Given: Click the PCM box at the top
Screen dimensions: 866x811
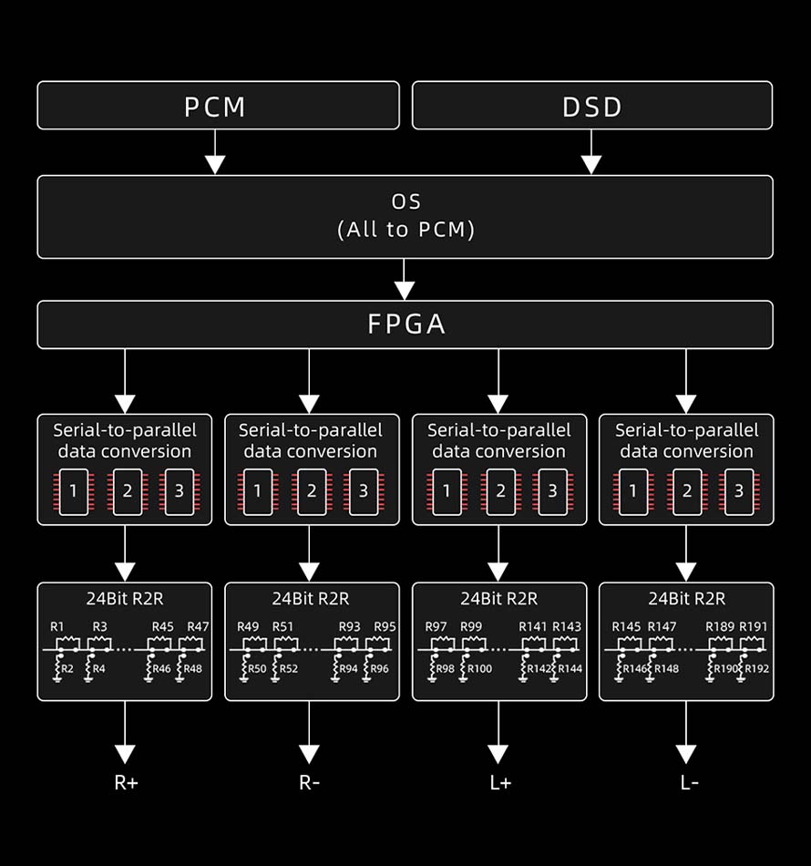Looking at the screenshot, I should coord(217,106).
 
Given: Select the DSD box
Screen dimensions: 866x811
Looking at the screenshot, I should coord(592,106).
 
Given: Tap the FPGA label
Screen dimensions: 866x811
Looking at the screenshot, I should coord(406,325).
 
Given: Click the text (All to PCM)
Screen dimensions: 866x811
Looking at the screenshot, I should coord(405,230).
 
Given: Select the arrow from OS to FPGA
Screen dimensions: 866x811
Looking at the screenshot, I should coord(405,280).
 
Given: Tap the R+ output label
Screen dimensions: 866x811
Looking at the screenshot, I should coord(126,782).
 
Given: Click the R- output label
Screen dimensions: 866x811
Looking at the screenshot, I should coord(309,782).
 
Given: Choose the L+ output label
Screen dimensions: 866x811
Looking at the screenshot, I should coord(499,782).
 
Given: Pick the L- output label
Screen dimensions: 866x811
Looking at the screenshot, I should coord(689,782).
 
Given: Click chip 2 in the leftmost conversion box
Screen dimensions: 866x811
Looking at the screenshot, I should coord(128,491).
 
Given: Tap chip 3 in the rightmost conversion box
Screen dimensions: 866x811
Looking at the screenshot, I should coord(739,491).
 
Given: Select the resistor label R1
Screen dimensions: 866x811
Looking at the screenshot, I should coord(57,626).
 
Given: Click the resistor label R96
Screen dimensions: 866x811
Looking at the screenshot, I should coord(379,668).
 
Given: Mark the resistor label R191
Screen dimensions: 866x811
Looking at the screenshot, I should coord(754,626).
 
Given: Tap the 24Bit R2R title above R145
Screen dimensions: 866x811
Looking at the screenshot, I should coord(686,599).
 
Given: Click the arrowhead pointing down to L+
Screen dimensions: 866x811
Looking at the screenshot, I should coord(498,754).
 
